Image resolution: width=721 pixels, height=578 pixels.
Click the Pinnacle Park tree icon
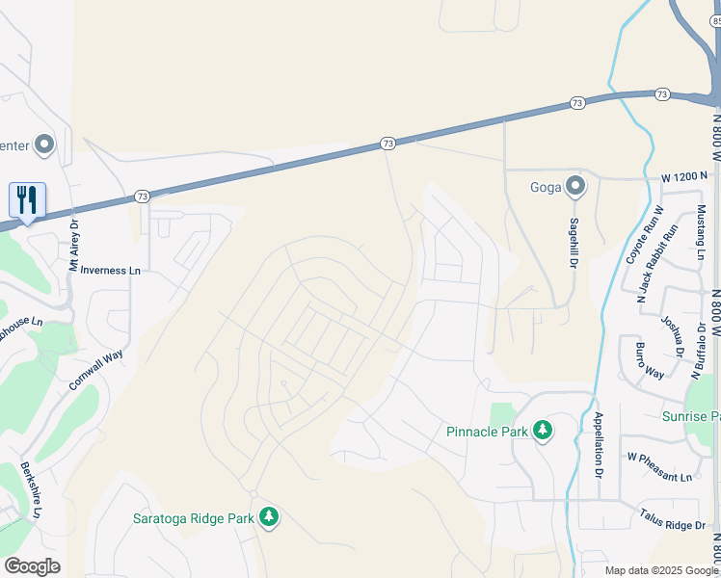(543, 431)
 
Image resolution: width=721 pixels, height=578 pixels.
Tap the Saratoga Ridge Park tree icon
(269, 518)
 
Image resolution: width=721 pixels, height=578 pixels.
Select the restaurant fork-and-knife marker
(27, 200)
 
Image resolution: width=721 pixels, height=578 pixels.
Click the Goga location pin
(575, 186)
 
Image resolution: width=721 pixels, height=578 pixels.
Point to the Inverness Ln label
(110, 271)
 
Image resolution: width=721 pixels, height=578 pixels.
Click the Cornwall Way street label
(95, 369)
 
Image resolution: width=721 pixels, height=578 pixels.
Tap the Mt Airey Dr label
(73, 245)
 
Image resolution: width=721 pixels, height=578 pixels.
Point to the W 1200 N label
(658, 177)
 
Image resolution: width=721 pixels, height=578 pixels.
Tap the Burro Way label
(649, 359)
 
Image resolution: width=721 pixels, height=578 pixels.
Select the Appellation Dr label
(599, 446)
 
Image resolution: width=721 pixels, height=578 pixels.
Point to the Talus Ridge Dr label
(672, 521)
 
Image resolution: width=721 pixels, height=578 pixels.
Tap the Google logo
(32, 566)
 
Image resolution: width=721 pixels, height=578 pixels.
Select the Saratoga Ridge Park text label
(193, 518)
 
